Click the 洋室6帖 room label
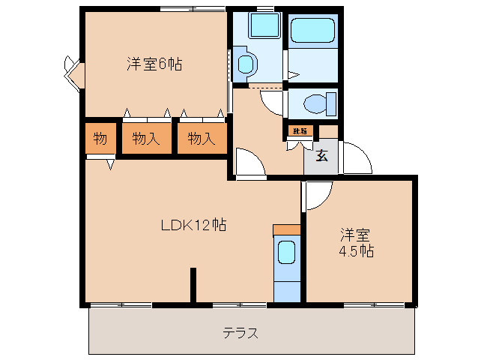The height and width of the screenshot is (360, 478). tap(154, 64)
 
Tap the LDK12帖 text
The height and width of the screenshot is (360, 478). tap(194, 224)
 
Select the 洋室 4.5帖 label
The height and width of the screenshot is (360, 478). tap(355, 242)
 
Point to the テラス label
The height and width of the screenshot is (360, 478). tap(240, 333)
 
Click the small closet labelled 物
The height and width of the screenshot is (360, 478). tap(100, 138)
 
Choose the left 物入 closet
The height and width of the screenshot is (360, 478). tap(146, 138)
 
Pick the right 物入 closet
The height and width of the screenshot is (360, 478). tap(202, 138)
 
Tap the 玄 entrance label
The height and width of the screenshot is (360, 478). tap(321, 156)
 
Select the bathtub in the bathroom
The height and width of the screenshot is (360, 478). tap(313, 31)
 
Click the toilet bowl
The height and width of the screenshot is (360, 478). tap(320, 102)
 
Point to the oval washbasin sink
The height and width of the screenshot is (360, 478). tap(244, 64)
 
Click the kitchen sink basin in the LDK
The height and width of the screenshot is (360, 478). tap(287, 253)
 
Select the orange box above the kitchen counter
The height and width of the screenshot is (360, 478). tap(286, 229)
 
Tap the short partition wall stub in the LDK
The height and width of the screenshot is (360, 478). tap(193, 285)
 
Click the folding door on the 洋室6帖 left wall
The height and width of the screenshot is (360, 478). tap(73, 71)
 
